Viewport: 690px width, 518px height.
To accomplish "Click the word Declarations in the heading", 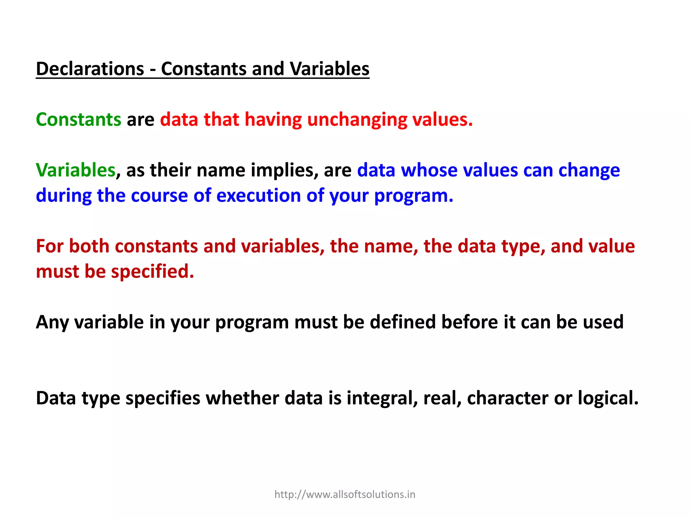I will (90, 69).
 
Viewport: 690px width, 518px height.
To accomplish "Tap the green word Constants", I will (79, 119).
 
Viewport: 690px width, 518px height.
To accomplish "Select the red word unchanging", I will (357, 119).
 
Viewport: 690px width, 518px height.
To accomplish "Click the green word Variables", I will (76, 170).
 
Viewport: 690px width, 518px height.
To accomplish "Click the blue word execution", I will (258, 196).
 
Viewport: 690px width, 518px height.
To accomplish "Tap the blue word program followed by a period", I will (414, 196).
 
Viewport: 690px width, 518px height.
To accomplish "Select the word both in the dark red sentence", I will (89, 246).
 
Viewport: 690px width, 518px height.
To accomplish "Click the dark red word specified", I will (153, 271).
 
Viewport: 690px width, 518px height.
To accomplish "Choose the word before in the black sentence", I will (469, 322).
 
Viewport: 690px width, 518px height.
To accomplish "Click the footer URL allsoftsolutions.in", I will (345, 494).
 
